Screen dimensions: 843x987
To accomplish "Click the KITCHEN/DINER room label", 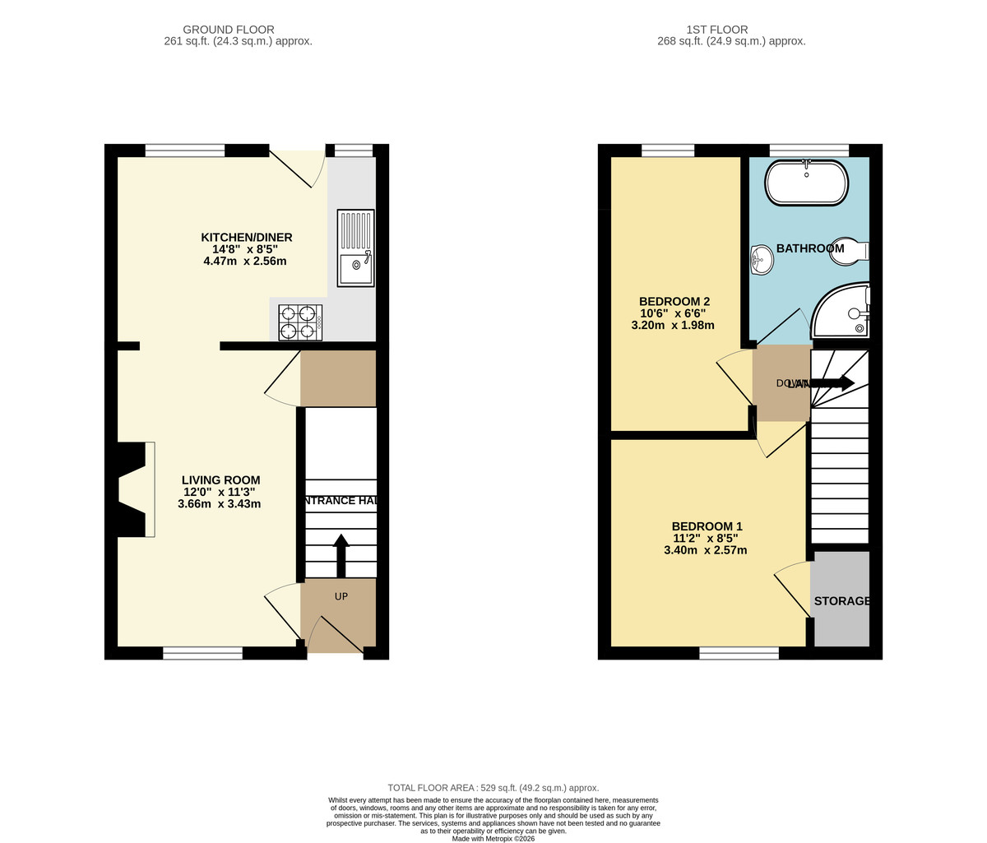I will tap(247, 238).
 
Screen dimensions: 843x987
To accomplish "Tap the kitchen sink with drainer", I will tap(355, 248).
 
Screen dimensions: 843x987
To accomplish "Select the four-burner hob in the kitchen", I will tap(300, 322).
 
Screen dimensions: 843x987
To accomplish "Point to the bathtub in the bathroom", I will tap(806, 183).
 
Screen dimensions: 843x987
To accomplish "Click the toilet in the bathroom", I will tap(847, 252).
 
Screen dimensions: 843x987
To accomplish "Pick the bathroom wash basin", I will tap(760, 261).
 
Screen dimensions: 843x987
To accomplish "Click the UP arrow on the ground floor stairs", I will tap(341, 556).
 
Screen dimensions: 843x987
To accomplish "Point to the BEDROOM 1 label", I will tap(707, 526).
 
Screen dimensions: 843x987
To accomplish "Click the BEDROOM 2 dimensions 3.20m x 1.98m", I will tap(672, 325).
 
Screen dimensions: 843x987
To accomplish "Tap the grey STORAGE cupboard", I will tap(840, 600).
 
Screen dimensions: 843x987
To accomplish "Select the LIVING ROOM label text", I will tap(220, 480).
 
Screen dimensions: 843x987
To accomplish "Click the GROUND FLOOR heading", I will tap(229, 30).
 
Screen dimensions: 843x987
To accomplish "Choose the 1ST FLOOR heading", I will tap(731, 30).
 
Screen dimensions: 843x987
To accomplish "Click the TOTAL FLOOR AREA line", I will tap(493, 788).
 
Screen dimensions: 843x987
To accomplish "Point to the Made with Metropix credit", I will tap(493, 838).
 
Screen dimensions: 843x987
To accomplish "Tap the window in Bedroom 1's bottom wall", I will tap(739, 653).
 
